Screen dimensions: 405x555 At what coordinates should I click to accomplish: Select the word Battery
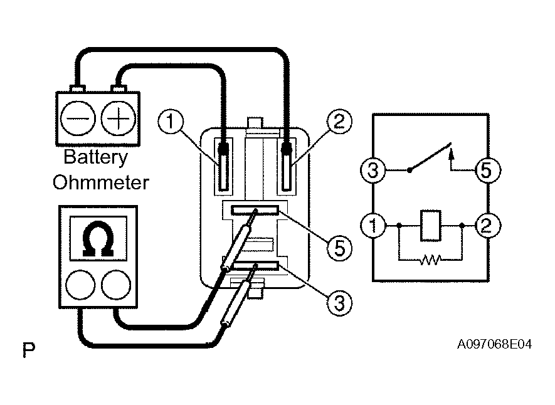click(96, 157)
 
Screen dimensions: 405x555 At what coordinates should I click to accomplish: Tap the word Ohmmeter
click(100, 182)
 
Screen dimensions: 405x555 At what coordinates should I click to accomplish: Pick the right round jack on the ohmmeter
click(115, 285)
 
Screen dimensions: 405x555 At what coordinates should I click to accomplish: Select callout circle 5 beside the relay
click(340, 248)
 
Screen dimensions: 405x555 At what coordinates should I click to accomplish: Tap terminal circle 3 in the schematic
click(373, 171)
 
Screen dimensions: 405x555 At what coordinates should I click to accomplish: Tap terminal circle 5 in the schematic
click(487, 171)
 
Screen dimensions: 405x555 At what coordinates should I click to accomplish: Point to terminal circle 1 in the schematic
click(373, 224)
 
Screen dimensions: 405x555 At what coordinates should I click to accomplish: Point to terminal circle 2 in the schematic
click(487, 224)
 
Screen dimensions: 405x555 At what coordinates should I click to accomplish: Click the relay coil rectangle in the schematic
click(430, 225)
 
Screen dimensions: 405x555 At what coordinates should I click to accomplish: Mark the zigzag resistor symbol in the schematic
click(430, 258)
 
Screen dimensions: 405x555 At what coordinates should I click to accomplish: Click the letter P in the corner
click(29, 350)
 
